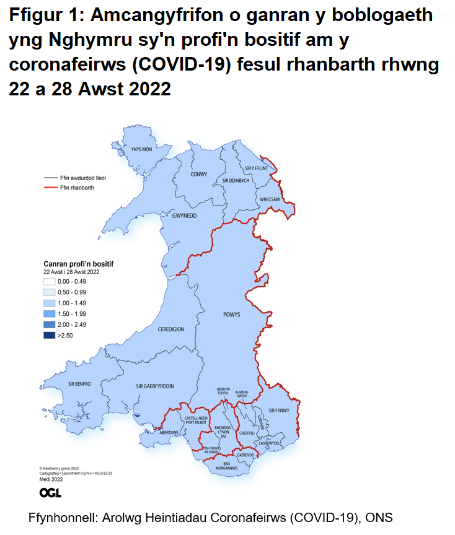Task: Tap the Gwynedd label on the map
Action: [184, 215]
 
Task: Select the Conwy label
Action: [199, 175]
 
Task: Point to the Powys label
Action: [231, 315]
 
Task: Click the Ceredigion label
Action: [170, 329]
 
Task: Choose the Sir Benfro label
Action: [79, 384]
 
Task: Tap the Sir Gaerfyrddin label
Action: [154, 386]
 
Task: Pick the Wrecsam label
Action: [271, 199]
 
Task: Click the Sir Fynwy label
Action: [279, 410]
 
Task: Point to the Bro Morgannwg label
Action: [226, 466]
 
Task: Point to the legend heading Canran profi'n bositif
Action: [78, 264]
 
